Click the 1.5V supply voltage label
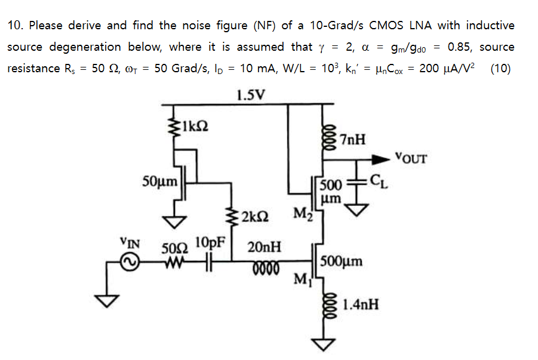click(251, 94)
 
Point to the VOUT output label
click(411, 158)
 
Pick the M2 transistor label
click(302, 213)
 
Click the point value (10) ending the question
click(500, 68)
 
